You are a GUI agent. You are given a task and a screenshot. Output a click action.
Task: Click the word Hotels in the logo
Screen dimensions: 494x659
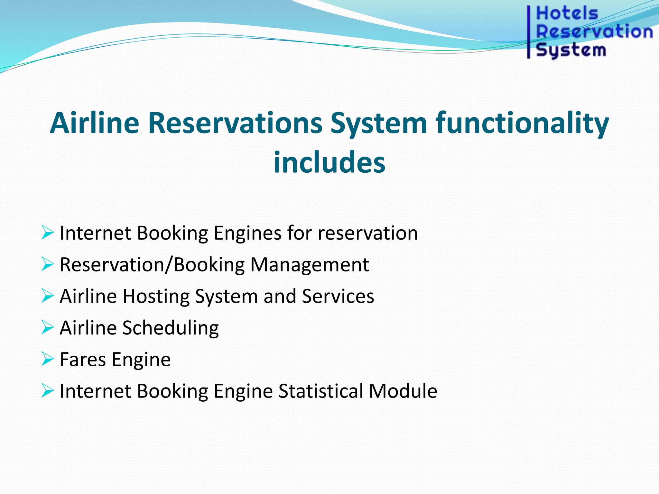(567, 14)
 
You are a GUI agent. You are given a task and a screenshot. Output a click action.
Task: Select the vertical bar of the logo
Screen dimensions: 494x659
(529, 32)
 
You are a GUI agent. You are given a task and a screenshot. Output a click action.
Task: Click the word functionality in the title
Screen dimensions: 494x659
(522, 123)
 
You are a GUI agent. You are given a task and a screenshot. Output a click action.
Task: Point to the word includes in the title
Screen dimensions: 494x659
(329, 162)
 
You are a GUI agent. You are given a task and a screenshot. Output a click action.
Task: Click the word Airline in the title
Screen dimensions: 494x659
(95, 123)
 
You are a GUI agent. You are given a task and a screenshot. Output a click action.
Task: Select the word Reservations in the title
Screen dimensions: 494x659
(235, 123)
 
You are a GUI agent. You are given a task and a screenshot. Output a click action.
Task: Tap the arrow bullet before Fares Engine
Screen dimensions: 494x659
(47, 359)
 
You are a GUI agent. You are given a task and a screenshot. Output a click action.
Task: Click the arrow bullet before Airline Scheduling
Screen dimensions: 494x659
(47, 327)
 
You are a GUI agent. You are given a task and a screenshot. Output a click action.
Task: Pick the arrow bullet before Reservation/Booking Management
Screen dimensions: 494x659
(47, 264)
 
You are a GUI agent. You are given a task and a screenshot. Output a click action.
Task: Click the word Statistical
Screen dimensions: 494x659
(321, 391)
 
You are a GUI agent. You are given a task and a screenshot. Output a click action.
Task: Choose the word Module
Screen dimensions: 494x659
(403, 391)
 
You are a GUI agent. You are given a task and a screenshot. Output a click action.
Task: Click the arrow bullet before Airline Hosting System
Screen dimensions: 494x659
(47, 296)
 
